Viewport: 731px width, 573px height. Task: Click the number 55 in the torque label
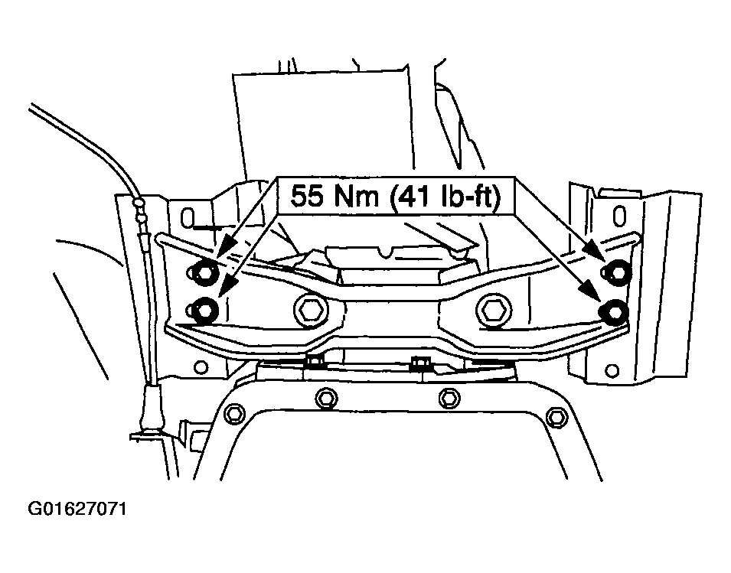coord(307,196)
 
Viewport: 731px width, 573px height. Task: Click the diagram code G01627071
coord(77,509)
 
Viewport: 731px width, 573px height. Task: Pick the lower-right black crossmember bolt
coord(615,310)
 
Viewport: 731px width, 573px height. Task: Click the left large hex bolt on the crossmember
coord(311,308)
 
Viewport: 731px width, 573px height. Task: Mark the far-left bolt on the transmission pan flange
coord(234,414)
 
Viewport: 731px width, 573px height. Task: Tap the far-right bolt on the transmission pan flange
coord(554,416)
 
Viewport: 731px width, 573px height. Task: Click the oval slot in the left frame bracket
coord(187,218)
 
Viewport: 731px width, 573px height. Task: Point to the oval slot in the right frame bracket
coord(619,216)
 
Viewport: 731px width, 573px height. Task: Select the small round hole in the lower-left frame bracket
coord(201,367)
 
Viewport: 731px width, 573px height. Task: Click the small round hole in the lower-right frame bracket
coord(612,371)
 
